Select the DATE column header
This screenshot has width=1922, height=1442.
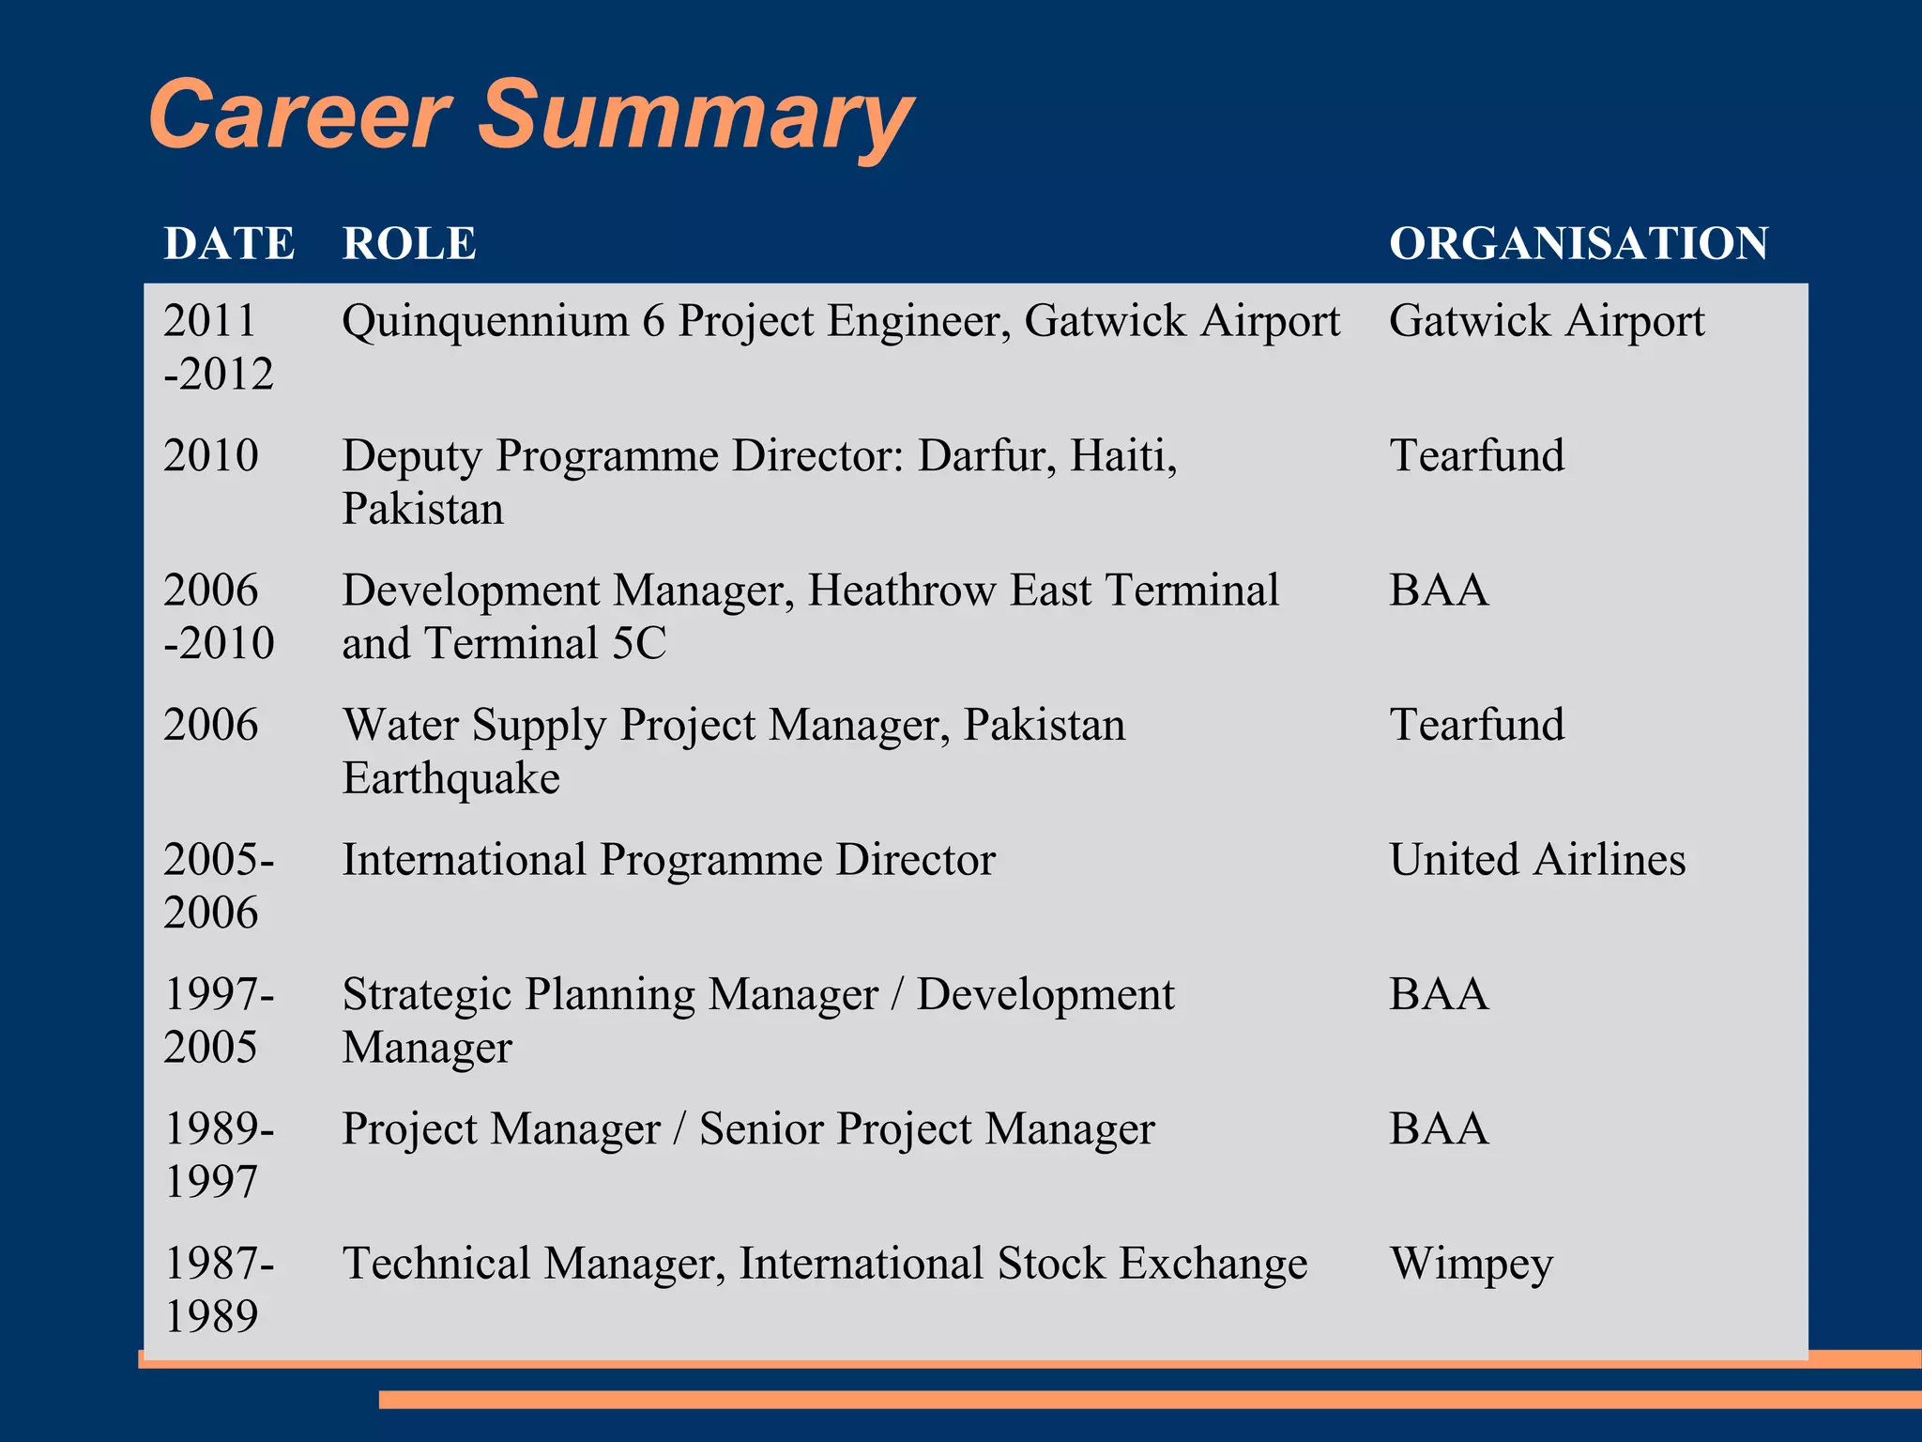tap(229, 244)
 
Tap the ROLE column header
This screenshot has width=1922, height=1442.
tap(409, 244)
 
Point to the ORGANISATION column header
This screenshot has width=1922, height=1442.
tap(1579, 244)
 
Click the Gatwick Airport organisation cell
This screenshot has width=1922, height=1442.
tap(1546, 321)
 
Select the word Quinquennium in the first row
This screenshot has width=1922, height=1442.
tap(484, 322)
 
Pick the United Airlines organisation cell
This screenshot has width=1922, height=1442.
tap(1536, 860)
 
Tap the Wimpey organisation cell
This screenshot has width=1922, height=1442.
tap(1471, 1264)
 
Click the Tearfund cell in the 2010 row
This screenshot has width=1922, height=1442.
tap(1476, 456)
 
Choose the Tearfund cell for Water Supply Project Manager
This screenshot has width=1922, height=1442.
tap(1476, 726)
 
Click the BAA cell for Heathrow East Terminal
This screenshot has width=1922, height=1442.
tap(1438, 591)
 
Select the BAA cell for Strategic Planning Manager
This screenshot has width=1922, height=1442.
tap(1438, 994)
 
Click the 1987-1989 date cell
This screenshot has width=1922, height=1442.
tap(218, 1290)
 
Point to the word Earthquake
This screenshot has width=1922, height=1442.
tap(450, 779)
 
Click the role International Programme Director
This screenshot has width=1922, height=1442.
tap(668, 860)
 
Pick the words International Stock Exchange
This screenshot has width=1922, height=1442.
tap(1023, 1264)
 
